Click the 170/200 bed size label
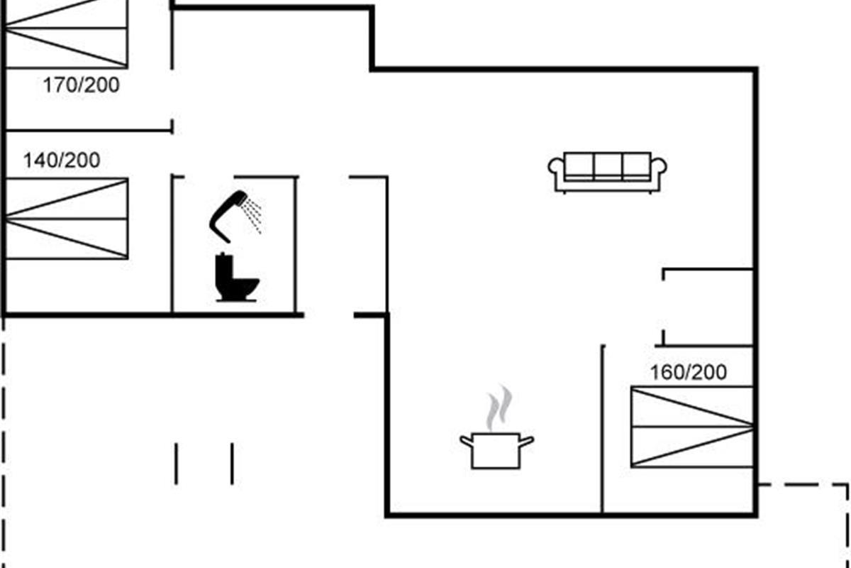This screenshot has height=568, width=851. click(x=82, y=86)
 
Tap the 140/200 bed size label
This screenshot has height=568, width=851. click(x=62, y=160)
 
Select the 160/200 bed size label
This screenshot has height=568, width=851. click(x=689, y=372)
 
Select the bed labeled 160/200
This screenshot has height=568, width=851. click(x=692, y=427)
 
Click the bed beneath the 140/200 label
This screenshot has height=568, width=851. click(x=67, y=219)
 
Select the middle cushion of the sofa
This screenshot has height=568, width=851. click(x=608, y=166)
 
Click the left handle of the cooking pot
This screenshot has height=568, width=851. click(x=466, y=441)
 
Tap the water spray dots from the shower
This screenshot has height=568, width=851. click(x=254, y=214)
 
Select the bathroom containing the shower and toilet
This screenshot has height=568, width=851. click(x=234, y=245)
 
